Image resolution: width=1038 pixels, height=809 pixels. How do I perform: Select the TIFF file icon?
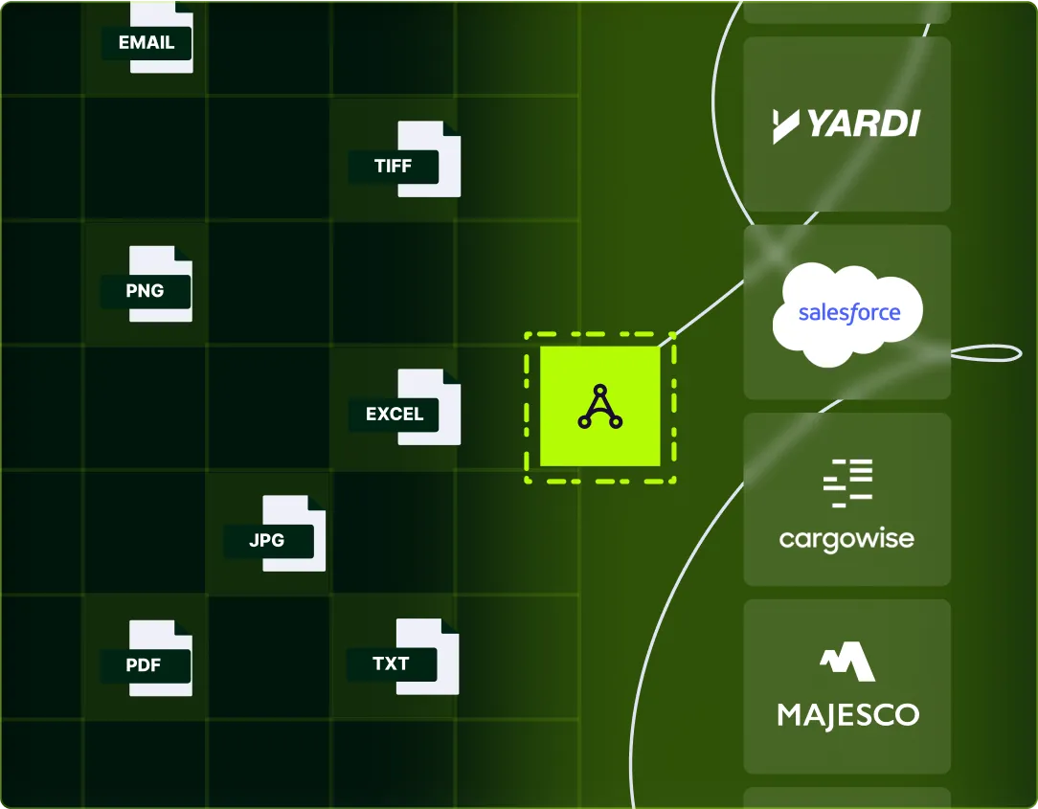427,159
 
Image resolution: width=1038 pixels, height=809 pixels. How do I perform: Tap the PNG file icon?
160,284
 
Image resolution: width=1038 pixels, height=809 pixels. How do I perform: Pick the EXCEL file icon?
429,408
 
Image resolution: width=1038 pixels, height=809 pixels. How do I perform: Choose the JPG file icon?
293,533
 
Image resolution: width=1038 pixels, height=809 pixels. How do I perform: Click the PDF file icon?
160,658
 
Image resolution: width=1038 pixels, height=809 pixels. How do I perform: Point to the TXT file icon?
427,657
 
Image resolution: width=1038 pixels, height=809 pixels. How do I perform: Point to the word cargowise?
846,539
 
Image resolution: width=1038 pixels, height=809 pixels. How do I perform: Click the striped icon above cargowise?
848,482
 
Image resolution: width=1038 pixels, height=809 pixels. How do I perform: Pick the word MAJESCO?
847,714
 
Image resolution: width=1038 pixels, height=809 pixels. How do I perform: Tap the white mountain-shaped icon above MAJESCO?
847,662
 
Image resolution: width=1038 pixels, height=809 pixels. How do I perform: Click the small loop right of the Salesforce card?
986,352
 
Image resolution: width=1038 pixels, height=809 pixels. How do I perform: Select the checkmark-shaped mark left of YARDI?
786,125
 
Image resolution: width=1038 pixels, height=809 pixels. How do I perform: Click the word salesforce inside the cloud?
849,313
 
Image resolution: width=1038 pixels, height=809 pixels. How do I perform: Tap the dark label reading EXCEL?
394,415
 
